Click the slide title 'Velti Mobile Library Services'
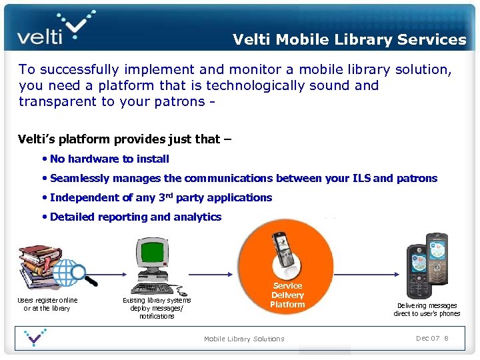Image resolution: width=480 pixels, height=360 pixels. tap(349, 39)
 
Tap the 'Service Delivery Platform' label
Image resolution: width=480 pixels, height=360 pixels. tap(287, 295)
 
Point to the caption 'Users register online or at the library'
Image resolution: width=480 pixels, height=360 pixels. tap(47, 304)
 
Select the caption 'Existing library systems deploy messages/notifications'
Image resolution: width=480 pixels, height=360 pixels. tap(157, 308)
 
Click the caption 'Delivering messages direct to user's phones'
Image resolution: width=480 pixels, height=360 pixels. tap(427, 309)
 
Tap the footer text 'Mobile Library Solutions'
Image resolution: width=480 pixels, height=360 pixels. tap(244, 339)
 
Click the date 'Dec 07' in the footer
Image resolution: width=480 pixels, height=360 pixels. tap(427, 339)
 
